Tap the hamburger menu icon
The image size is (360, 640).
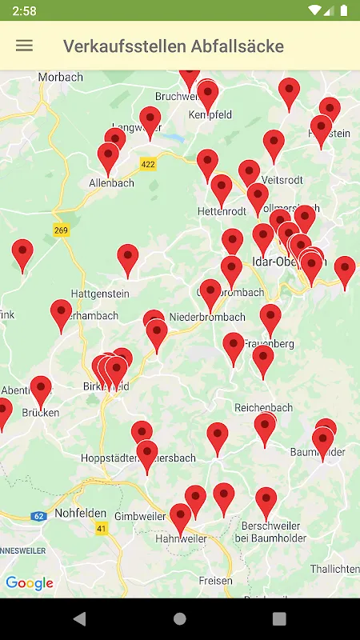click(x=25, y=46)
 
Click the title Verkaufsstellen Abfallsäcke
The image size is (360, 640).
click(x=174, y=46)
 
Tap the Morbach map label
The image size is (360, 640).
click(x=60, y=78)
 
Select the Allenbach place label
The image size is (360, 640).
click(x=112, y=183)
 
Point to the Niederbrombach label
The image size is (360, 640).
click(x=207, y=317)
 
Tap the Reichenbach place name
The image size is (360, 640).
click(x=264, y=407)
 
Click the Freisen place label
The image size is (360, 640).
click(x=217, y=581)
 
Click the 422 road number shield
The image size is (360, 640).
click(x=147, y=164)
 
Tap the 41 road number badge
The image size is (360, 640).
click(x=101, y=529)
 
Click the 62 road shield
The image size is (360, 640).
click(x=38, y=516)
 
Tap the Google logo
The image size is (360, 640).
click(x=30, y=583)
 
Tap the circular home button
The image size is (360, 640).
click(x=180, y=618)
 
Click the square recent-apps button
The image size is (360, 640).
click(x=279, y=618)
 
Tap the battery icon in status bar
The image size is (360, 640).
click(x=344, y=10)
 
